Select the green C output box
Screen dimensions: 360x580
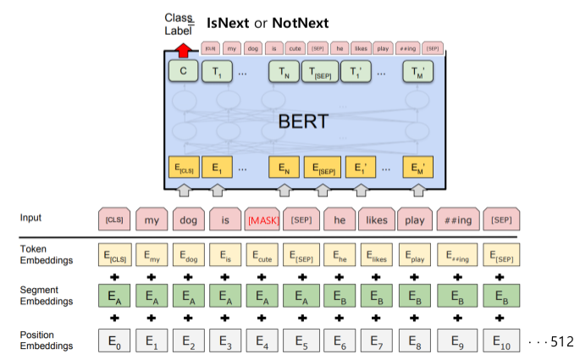[x=183, y=73]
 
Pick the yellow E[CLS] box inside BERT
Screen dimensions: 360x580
[x=183, y=168]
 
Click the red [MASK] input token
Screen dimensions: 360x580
[x=262, y=219]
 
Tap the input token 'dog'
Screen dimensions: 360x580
[x=188, y=219]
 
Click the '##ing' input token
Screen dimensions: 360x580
[x=456, y=219]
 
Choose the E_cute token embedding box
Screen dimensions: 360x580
[x=262, y=253]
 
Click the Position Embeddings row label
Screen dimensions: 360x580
[x=47, y=341]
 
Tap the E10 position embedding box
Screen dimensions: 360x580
[x=501, y=341]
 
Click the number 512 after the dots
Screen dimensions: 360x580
[x=562, y=341]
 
